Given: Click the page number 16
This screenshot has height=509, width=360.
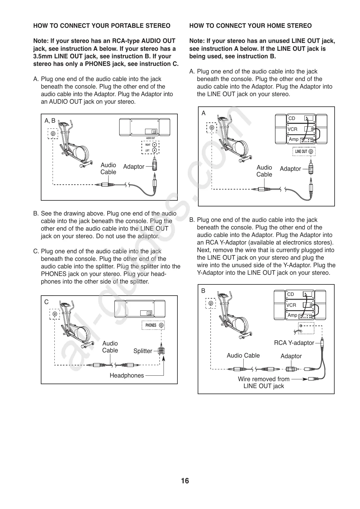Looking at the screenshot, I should [185, 481].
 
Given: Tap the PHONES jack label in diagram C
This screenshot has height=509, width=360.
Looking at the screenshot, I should [151, 325].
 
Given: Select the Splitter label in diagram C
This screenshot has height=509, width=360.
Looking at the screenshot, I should [143, 351].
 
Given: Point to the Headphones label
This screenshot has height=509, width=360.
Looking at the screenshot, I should [127, 375].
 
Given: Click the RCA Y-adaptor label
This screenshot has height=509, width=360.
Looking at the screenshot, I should [294, 343].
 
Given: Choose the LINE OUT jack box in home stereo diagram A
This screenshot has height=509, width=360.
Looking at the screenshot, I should [304, 151].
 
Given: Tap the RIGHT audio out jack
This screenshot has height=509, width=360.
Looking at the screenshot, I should [154, 144].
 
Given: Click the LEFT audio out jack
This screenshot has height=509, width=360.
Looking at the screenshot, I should [154, 150].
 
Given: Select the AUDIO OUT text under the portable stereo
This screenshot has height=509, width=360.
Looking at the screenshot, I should [151, 138].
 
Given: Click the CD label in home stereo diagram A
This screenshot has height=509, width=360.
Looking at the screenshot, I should [292, 118].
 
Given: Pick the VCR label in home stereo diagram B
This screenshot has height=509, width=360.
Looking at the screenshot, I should [291, 305].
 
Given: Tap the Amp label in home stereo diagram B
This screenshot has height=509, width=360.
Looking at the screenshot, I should [292, 315].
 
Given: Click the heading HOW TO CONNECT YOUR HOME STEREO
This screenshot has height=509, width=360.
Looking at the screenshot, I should [250, 26].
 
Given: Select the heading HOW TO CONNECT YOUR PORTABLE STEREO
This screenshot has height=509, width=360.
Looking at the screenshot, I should [102, 26].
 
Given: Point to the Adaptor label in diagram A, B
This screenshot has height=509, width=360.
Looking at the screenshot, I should [134, 167].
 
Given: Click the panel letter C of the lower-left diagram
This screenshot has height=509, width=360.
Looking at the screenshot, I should [46, 302].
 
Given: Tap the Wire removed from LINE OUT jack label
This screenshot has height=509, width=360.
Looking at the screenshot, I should [264, 383].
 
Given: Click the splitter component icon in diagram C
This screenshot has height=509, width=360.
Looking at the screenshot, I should [161, 351].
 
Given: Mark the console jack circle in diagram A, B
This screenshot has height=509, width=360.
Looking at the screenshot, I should [53, 134].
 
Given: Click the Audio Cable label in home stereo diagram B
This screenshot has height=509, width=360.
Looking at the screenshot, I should [243, 355].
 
